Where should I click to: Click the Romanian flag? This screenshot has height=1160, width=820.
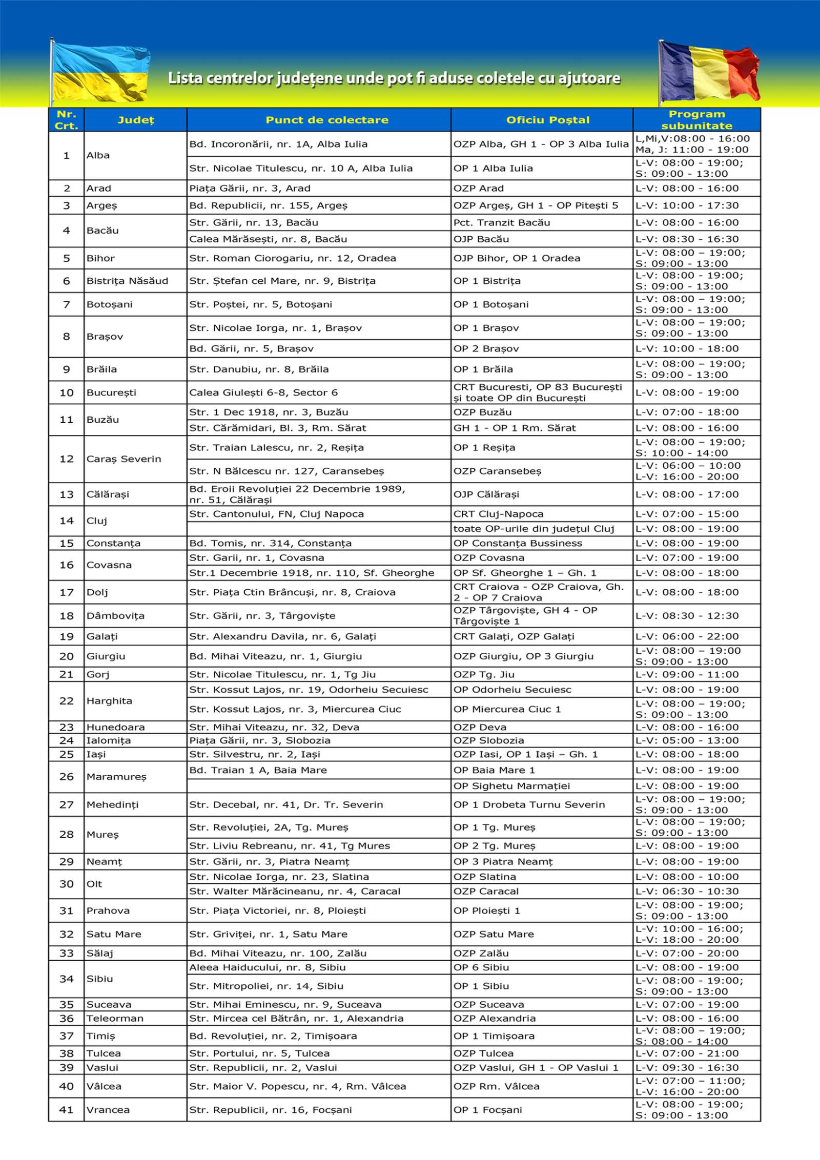pos(708,73)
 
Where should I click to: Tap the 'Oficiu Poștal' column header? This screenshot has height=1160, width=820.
pos(547,120)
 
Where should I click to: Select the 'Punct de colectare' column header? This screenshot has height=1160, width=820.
pos(326,120)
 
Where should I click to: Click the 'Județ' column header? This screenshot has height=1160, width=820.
pos(135,120)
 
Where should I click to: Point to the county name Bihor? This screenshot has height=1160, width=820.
pos(100,258)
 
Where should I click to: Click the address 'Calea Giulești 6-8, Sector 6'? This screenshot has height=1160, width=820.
pos(263,392)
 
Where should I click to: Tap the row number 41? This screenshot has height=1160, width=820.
pos(66,1109)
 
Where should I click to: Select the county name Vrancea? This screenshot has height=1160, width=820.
pos(108,1109)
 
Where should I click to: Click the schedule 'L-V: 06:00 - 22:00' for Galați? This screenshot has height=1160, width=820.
pos(687,636)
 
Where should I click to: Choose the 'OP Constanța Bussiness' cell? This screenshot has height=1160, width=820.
pos(518,543)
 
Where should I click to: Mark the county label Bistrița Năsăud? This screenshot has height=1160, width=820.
pos(127,281)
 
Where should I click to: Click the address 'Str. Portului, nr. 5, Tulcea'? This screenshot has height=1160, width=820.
pos(259,1053)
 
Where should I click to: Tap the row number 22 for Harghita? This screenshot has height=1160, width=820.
pos(66,700)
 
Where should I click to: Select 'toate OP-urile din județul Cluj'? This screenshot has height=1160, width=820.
pos(534,528)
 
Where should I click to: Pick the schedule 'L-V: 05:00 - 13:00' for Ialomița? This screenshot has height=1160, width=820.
pos(687,740)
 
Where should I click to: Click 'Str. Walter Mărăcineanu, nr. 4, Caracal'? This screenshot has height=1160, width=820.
pos(295,891)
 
